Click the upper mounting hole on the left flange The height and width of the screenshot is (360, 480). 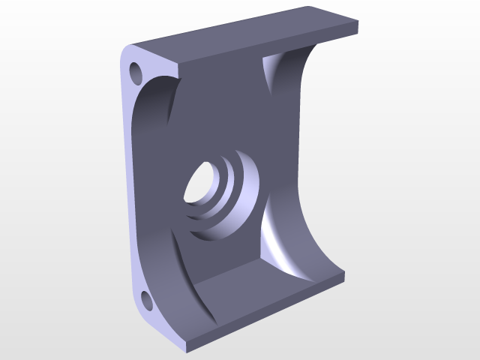(136, 73)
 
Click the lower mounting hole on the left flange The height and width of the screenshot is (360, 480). (146, 302)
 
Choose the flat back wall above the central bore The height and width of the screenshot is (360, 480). (225, 112)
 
